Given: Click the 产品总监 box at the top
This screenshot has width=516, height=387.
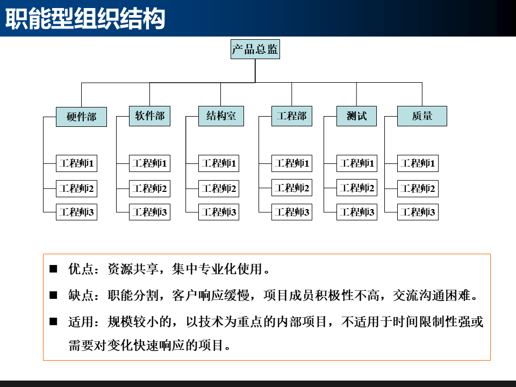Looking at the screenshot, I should (x=255, y=50).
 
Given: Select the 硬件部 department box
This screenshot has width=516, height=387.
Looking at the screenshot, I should (x=81, y=117).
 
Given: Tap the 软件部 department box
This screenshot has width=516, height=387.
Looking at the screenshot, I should (x=149, y=116).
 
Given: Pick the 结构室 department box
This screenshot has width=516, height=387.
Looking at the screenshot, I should (x=220, y=116).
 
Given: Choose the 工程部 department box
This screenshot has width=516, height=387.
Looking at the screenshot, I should (x=291, y=116).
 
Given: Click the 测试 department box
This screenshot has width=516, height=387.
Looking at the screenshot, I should (x=356, y=116).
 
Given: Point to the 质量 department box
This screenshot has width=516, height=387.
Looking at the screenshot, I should (x=422, y=116).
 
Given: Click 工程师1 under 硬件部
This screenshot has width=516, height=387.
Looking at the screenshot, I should (x=76, y=163).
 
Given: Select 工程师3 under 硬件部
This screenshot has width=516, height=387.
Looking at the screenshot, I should (x=76, y=212).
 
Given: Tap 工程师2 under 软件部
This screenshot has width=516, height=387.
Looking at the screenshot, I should (x=149, y=189).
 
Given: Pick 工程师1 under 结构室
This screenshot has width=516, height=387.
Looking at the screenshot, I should (x=218, y=163).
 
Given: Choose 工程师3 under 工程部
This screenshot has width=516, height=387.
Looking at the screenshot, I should (x=291, y=212).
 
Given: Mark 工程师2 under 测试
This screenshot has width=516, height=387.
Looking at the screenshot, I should (x=356, y=189).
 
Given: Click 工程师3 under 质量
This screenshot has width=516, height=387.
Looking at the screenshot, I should (x=418, y=212).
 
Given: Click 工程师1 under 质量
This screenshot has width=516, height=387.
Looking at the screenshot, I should (x=418, y=163).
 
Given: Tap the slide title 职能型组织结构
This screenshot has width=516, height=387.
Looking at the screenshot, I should (x=84, y=20).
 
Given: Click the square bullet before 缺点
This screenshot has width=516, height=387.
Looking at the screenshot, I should (x=53, y=295).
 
